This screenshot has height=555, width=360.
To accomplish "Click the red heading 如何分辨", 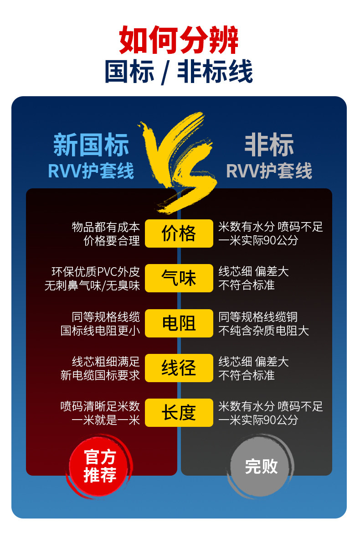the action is click(179, 41).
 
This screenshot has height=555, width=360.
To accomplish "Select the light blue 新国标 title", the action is click(91, 145).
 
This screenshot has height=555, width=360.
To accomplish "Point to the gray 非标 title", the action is click(269, 145).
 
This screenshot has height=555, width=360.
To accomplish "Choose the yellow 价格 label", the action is click(179, 233).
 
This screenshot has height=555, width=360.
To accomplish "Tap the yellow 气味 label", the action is click(179, 278).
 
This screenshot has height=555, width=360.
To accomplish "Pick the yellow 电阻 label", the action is click(179, 323).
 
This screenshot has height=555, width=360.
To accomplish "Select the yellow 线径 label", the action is click(179, 368).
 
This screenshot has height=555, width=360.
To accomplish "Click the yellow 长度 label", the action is click(179, 413).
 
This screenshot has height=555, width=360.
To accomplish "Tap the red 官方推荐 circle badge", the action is click(100, 466).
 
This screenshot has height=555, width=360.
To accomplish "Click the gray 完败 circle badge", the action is click(261, 466).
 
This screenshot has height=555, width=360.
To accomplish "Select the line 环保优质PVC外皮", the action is click(96, 272).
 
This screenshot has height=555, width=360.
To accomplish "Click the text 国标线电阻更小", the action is click(100, 331).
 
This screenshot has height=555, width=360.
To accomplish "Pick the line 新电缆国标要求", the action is click(100, 375).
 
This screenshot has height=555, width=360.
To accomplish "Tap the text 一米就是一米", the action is click(106, 420).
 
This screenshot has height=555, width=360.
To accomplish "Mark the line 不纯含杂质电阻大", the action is click(263, 331).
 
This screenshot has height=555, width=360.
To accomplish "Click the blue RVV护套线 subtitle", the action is click(91, 171).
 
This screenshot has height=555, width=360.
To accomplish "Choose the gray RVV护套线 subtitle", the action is click(269, 171).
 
